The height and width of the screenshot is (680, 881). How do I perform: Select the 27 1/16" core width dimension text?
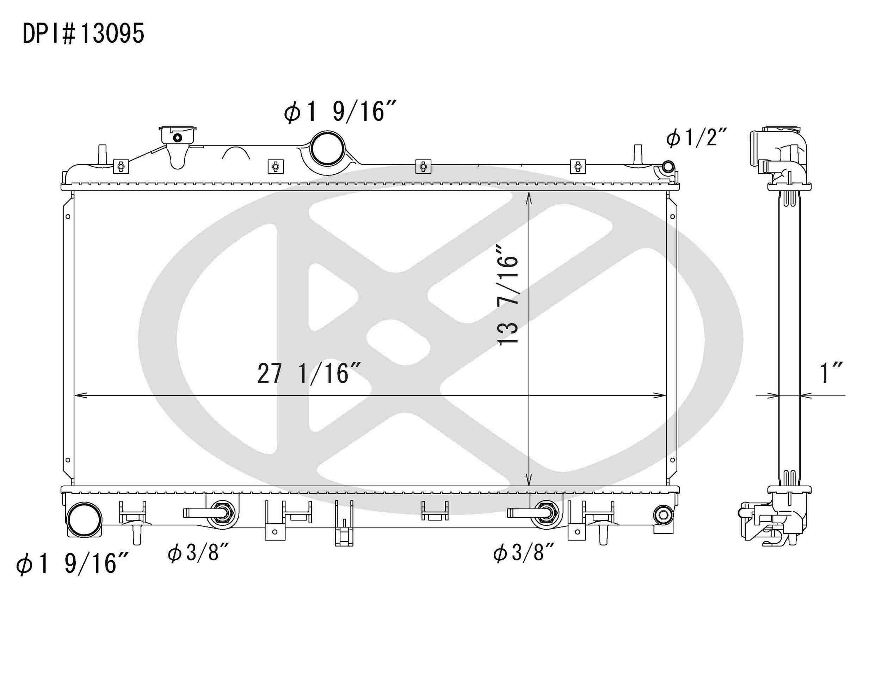tap(309, 374)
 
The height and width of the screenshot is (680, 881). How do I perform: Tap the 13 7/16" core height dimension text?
tap(507, 294)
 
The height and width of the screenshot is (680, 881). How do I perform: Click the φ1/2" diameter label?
tap(696, 138)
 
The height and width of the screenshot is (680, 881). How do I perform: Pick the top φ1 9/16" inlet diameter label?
tap(340, 112)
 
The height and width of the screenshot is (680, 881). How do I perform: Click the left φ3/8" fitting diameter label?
tap(198, 553)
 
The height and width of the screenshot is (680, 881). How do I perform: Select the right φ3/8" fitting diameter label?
tap(524, 553)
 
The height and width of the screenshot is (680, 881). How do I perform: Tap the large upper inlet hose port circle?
tap(327, 148)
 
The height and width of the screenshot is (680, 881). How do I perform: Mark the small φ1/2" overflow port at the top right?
tap(668, 167)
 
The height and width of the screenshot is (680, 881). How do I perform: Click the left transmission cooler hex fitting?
tap(222, 513)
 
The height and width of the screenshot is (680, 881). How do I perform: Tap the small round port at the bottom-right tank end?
tap(663, 515)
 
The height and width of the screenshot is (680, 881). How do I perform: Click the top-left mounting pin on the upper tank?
tap(103, 154)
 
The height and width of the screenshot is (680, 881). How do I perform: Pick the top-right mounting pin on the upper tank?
tap(638, 154)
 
